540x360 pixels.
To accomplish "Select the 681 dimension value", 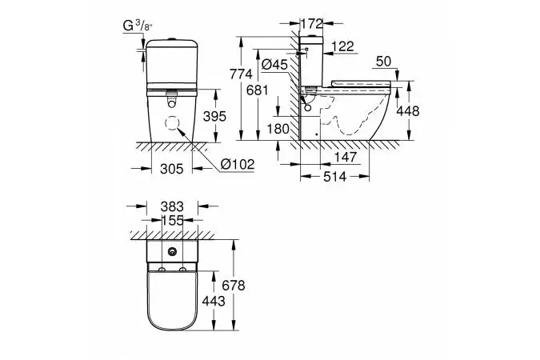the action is coord(258,90).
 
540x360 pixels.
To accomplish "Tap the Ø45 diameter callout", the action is coord(274,65).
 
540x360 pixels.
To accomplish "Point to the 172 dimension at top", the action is coord(312,24).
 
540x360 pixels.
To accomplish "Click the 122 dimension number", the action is coord(344,46).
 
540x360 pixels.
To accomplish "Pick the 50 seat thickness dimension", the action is coord(384,62).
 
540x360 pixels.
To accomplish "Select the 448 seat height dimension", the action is coord(407,111).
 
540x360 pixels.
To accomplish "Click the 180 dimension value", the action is coord(278,129).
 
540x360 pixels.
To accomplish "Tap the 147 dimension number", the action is coord(346,157).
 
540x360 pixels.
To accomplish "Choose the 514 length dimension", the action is coord(334,177).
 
